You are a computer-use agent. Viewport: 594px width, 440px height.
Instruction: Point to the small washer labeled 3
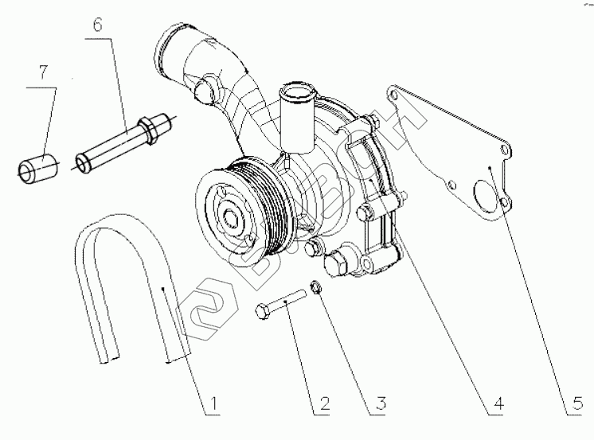pyautogui.click(x=315, y=286)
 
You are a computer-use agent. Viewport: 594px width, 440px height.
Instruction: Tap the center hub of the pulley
pyautogui.click(x=232, y=216)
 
